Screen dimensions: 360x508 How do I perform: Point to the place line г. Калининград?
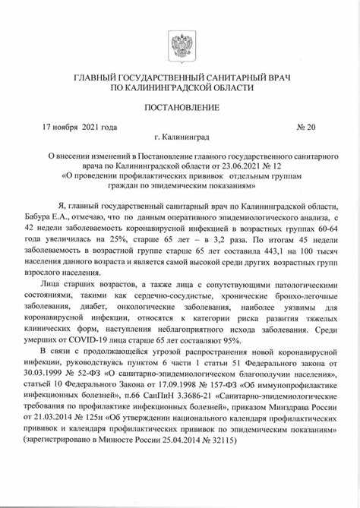tap(180, 140)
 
